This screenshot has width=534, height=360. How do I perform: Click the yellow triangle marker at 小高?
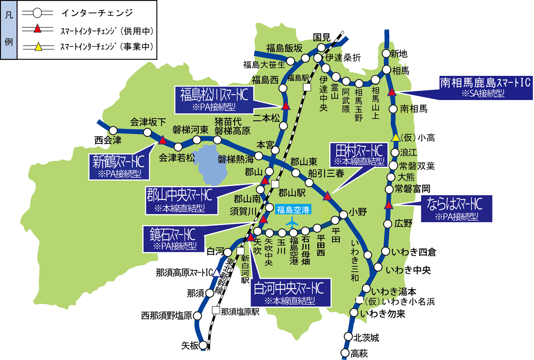pyautogui.click(x=395, y=138)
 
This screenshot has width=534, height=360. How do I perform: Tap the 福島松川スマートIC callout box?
pyautogui.click(x=214, y=100)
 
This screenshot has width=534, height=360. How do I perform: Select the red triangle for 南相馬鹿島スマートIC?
pyautogui.click(x=392, y=92)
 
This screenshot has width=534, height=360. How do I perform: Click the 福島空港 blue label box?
pyautogui.click(x=293, y=210)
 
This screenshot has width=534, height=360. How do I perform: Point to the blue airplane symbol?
pyautogui.click(x=292, y=222)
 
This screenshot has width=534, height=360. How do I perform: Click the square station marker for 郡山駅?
pyautogui.click(x=275, y=184)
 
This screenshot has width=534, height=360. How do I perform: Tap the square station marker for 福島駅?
pyautogui.click(x=307, y=87)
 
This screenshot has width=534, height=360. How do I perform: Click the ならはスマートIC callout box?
pyautogui.click(x=456, y=209)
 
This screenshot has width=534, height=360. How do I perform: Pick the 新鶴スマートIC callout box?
pyautogui.click(x=119, y=166)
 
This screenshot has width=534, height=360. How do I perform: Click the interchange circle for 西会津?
pyautogui.click(x=113, y=131)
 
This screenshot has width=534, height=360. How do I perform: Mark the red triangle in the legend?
pyautogui.click(x=37, y=29)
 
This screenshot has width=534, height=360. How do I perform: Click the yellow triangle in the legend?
pyautogui.click(x=38, y=47)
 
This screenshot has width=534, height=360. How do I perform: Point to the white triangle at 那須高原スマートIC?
pyautogui.click(x=217, y=272)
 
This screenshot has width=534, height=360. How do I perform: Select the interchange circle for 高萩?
pyautogui.click(x=345, y=353)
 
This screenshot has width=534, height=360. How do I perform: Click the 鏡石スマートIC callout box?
pyautogui.click(x=174, y=239)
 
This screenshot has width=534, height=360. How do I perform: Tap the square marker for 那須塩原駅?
pyautogui.click(x=216, y=310)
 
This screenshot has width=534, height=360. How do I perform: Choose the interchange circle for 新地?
pyautogui.click(x=386, y=54)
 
